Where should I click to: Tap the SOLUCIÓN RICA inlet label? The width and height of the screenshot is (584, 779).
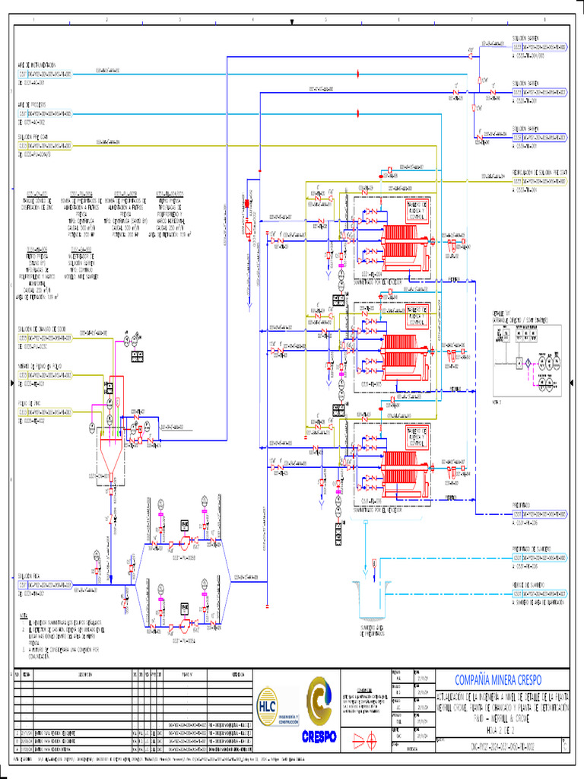pyautogui.click(x=31, y=577)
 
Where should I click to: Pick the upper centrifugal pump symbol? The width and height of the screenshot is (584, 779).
pyautogui.click(x=184, y=542)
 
